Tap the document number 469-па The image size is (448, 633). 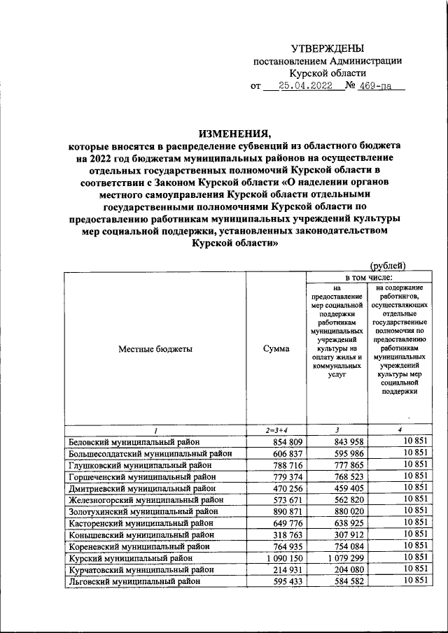tap(378, 87)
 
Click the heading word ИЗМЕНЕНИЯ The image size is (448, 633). tap(234, 134)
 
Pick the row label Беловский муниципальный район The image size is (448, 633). tap(134, 441)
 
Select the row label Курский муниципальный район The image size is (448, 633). tap(129, 558)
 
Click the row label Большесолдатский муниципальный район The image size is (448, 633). tap(150, 453)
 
